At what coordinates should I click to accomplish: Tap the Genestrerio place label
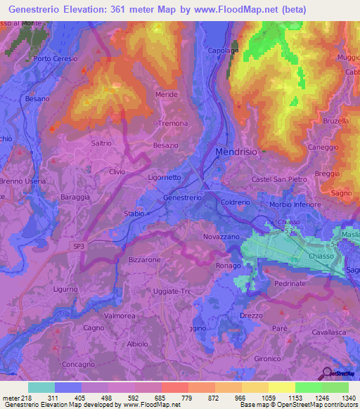[x=183, y=198]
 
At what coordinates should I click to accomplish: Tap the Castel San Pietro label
[x=279, y=180]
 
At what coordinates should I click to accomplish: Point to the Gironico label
[x=267, y=358]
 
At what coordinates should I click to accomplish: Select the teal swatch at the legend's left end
[x=41, y=387]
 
